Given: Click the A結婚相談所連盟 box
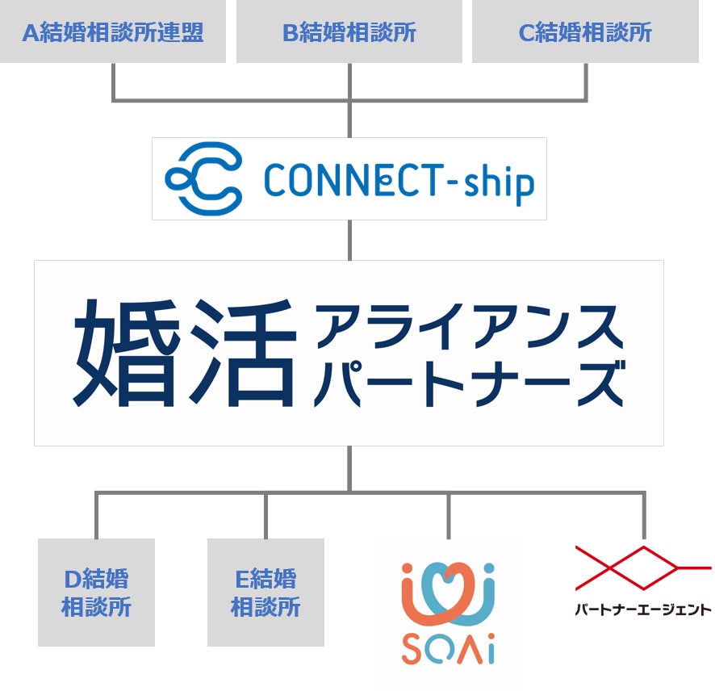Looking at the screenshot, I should point(113,31).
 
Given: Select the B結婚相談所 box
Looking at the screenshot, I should point(349,31).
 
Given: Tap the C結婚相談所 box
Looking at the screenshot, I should point(585,31).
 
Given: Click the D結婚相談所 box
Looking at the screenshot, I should point(96,593).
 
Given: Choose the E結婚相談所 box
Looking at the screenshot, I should point(266,593).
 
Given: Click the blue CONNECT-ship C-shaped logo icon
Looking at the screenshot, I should point(204,179).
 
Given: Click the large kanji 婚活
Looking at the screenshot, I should point(184,354).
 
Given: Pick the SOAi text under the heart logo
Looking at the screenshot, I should point(448,651).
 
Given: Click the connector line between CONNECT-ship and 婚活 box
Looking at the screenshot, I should point(349,240).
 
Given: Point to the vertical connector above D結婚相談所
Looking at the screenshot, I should point(96,517).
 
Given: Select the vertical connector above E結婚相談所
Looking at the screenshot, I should point(266,517).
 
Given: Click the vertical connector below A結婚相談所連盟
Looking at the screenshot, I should point(113,81).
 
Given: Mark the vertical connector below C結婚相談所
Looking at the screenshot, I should point(585,81).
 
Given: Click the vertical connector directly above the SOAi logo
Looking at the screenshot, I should point(449,517).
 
